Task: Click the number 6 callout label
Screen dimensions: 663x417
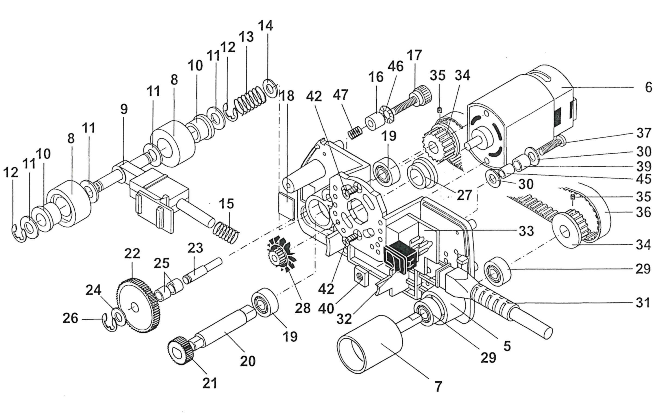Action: [x=648, y=87]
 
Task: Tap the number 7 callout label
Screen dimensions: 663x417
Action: [x=438, y=386]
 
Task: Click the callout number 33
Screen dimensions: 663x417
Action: [x=526, y=231]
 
